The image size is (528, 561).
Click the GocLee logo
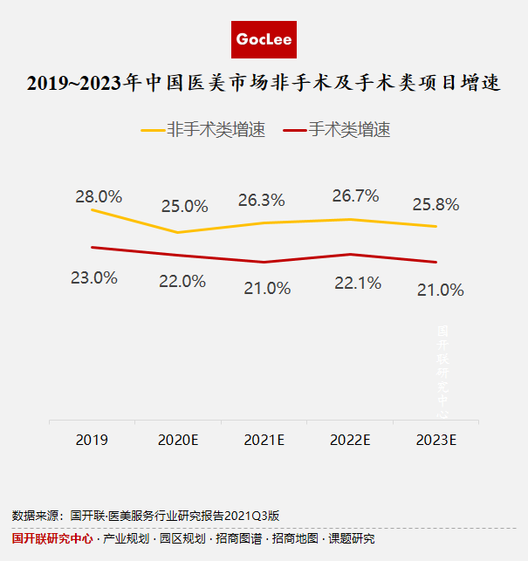pyautogui.click(x=264, y=39)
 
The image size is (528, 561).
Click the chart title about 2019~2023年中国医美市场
pyautogui.click(x=264, y=85)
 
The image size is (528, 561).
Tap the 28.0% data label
pyautogui.click(x=99, y=196)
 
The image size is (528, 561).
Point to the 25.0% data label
pyautogui.click(x=184, y=207)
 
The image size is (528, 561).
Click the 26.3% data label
pyautogui.click(x=261, y=200)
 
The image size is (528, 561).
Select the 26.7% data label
pyautogui.click(x=355, y=196)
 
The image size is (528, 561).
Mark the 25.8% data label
pyautogui.click(x=436, y=205)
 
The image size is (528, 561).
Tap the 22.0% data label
pyautogui.click(x=182, y=281)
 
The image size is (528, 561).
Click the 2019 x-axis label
pyautogui.click(x=92, y=439)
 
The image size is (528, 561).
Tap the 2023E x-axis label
pyautogui.click(x=436, y=439)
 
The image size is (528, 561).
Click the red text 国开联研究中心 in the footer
pyautogui.click(x=52, y=539)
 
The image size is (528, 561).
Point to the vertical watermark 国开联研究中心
pyautogui.click(x=442, y=371)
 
